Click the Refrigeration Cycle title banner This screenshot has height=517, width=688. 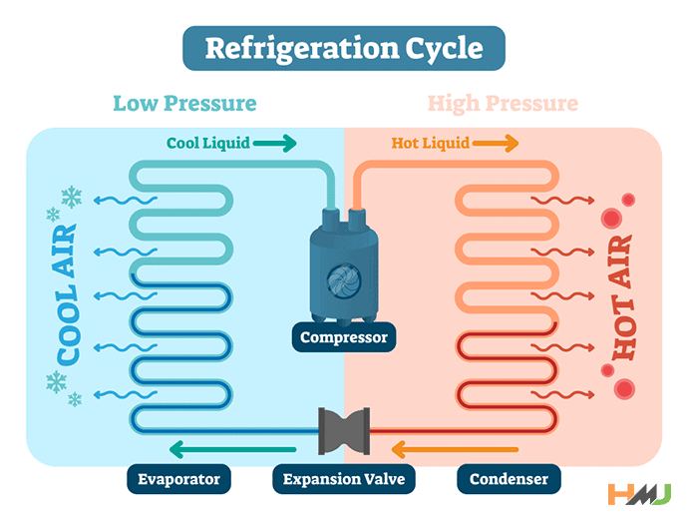click(343, 48)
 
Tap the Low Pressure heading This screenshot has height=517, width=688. click(184, 104)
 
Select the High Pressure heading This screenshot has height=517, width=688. click(503, 104)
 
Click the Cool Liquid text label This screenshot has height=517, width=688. click(208, 143)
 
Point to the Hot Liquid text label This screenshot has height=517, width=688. click(430, 143)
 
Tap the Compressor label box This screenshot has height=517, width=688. click(343, 337)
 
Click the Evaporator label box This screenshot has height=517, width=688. click(179, 479)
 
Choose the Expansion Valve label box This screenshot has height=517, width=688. click(343, 479)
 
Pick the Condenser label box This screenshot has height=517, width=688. click(509, 479)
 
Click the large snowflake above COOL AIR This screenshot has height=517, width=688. click(72, 198)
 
